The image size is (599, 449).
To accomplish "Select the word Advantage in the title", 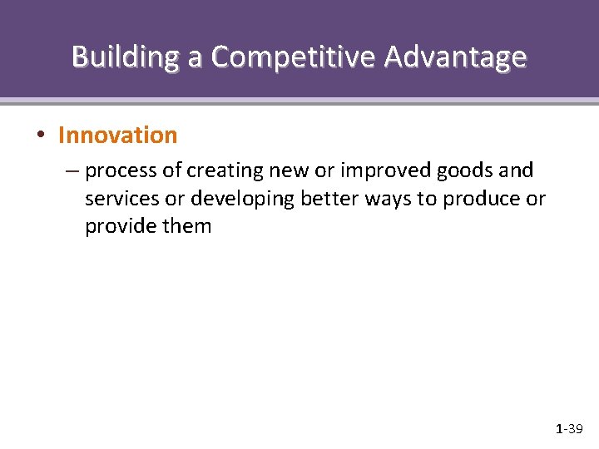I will click(455, 57).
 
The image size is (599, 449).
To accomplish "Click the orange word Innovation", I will click(117, 135).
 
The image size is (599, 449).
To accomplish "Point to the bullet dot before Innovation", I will click(41, 136).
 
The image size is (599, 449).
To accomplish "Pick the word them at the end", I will click(190, 226).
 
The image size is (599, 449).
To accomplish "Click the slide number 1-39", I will click(569, 429).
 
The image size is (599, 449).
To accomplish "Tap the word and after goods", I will click(517, 171).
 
